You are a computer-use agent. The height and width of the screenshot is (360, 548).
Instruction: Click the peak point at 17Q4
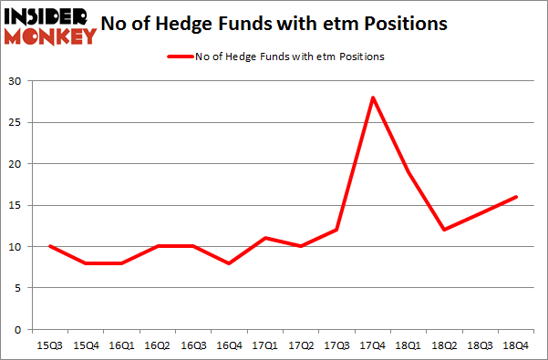coord(372,98)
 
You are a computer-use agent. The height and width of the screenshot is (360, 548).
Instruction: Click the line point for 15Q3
coord(50,246)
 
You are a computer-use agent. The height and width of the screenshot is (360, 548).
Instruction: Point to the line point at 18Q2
coord(443,230)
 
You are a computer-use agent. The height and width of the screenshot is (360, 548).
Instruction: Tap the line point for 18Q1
coord(408,172)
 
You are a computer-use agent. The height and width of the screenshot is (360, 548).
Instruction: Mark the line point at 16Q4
coord(229,262)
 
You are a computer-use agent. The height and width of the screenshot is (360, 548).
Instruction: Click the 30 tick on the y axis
coord(17,81)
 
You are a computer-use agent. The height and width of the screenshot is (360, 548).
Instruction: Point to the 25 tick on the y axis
coord(17,122)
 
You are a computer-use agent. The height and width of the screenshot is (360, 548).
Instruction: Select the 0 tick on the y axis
coord(20,329)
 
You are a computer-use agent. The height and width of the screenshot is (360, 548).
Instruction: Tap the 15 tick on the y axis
coord(17,205)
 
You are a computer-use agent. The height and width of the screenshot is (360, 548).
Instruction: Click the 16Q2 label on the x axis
coord(157,346)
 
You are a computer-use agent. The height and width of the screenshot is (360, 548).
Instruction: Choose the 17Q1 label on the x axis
coord(264,346)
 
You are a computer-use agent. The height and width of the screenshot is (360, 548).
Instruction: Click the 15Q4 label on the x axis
coord(86,346)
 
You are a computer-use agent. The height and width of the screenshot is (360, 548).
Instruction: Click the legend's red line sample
coord(179,57)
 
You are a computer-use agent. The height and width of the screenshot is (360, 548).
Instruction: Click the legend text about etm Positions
coord(290,57)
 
